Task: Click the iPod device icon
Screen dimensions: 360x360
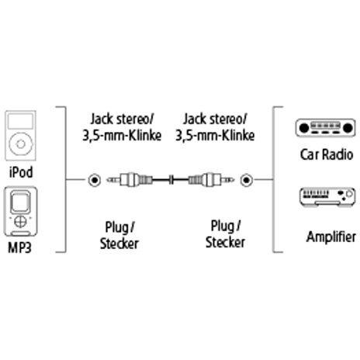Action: pyautogui.click(x=21, y=136)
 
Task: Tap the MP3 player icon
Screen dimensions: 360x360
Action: pyautogui.click(x=20, y=212)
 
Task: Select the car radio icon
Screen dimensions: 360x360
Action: pyautogui.click(x=325, y=128)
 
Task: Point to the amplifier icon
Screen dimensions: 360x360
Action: pyautogui.click(x=327, y=197)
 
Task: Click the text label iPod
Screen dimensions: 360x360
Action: pyautogui.click(x=21, y=172)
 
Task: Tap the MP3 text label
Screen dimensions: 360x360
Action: pyautogui.click(x=19, y=247)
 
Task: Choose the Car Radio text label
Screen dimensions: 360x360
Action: pyautogui.click(x=327, y=154)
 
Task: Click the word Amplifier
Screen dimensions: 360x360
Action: pyautogui.click(x=331, y=237)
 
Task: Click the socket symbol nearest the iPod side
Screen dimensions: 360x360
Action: pyautogui.click(x=94, y=180)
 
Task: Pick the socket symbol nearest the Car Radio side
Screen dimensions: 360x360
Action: pyautogui.click(x=246, y=180)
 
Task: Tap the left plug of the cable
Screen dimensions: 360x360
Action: pyautogui.click(x=130, y=179)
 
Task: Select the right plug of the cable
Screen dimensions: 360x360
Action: pyautogui.click(x=212, y=179)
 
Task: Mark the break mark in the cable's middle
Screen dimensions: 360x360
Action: pyautogui.click(x=171, y=179)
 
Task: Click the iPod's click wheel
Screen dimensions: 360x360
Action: pyautogui.click(x=21, y=144)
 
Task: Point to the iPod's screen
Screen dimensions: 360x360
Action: pyautogui.click(x=21, y=121)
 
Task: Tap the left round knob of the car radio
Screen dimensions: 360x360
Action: pyautogui.click(x=304, y=128)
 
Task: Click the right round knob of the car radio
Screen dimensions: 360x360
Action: pyautogui.click(x=347, y=128)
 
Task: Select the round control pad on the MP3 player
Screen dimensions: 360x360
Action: pyautogui.click(x=20, y=221)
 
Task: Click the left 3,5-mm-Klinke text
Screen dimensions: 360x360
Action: pyautogui.click(x=122, y=136)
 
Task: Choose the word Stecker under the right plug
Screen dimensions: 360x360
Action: pyautogui.click(x=225, y=242)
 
